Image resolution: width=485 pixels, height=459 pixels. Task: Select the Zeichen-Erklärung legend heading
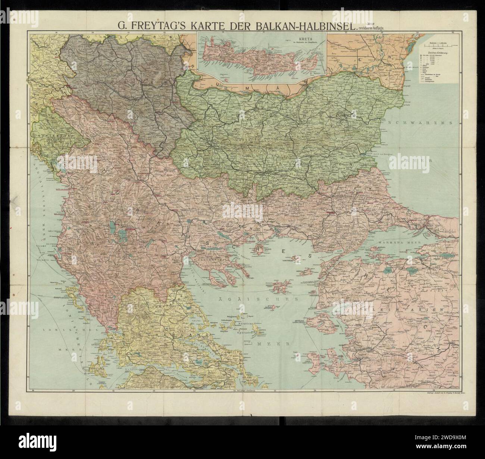443,53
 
